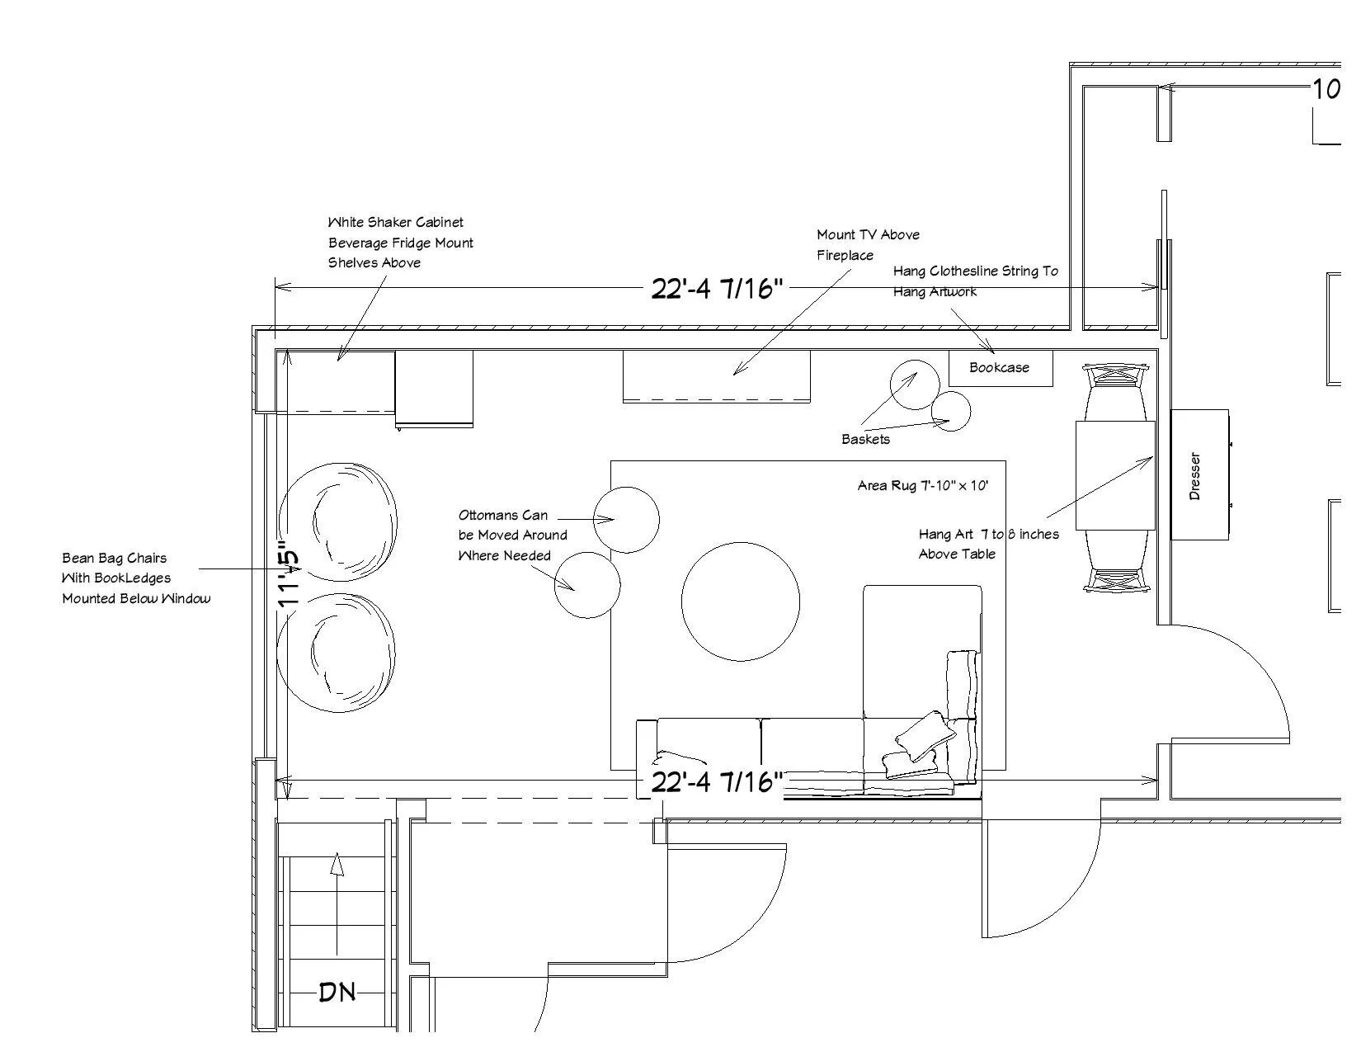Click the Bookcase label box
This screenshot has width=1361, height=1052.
[1000, 368]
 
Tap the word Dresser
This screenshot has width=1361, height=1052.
[1194, 476]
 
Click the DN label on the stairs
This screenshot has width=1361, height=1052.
[337, 992]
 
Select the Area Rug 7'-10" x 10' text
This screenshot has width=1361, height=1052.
[922, 486]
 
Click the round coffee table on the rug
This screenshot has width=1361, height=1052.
[740, 601]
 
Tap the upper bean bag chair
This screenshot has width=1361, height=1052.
[339, 521]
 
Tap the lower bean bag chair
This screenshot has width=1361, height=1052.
[337, 652]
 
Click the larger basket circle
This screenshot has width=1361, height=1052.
[915, 384]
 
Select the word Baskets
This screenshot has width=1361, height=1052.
[865, 440]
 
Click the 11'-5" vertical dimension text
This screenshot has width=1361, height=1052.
[290, 575]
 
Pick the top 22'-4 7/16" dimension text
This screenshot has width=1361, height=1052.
[716, 289]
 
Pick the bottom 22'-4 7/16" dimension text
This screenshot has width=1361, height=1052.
[716, 782]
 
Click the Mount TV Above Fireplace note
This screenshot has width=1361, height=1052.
[867, 245]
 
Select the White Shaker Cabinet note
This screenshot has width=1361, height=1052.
[400, 243]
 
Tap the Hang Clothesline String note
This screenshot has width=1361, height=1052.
[974, 281]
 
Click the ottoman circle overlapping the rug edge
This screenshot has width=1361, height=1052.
[627, 520]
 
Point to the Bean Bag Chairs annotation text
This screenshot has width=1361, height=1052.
[134, 578]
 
